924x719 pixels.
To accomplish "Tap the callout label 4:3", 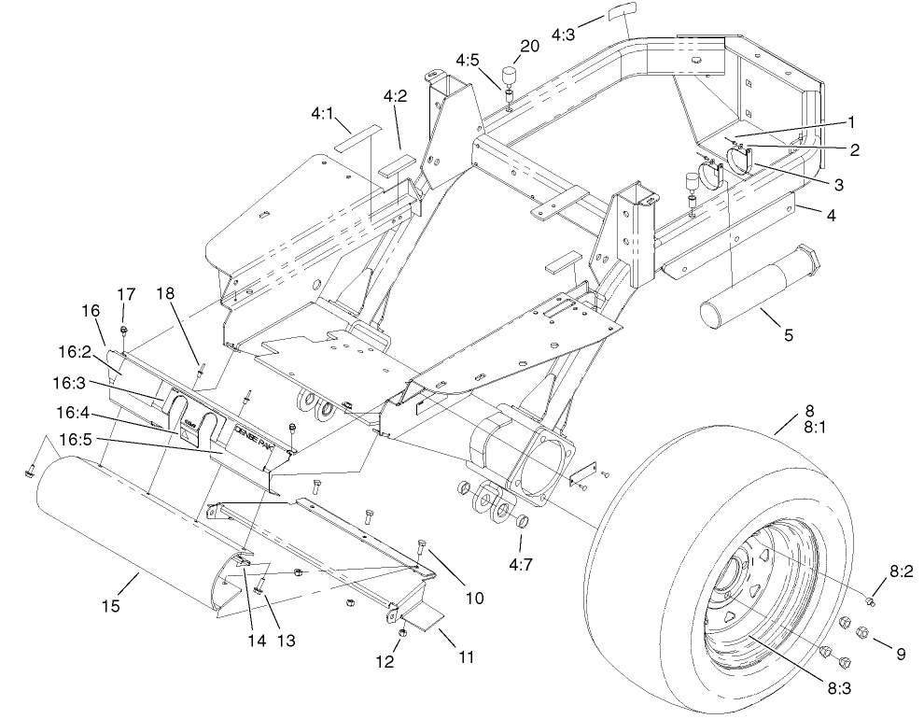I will pyautogui.click(x=564, y=35).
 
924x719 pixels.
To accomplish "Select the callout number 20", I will pyautogui.click(x=530, y=48).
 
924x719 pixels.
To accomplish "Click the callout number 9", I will pyautogui.click(x=900, y=655).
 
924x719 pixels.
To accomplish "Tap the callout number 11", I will pyautogui.click(x=466, y=657).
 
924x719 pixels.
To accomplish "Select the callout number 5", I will pyautogui.click(x=789, y=334).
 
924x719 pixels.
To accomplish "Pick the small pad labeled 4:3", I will pyautogui.click(x=615, y=16).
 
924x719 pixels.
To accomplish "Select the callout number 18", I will pyautogui.click(x=167, y=293).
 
